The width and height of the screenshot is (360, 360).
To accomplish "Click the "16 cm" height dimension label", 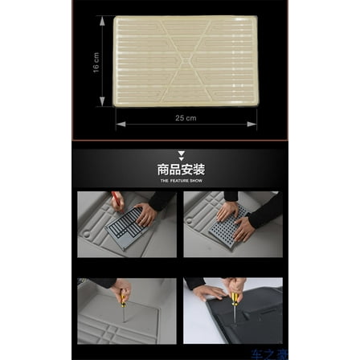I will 96,63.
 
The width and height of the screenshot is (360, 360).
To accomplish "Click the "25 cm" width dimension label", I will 186,117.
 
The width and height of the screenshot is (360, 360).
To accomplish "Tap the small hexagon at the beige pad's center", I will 186,59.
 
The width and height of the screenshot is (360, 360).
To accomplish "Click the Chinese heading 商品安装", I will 180,170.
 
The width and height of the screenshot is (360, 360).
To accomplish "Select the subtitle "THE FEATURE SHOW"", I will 180,181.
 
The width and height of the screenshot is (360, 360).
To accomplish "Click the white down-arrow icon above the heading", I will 180,155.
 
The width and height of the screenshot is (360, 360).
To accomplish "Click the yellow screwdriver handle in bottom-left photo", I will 125,298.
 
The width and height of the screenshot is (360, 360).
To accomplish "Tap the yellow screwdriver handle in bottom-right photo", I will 235,299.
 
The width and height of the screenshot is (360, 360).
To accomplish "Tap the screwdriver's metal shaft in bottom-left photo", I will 125,313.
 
